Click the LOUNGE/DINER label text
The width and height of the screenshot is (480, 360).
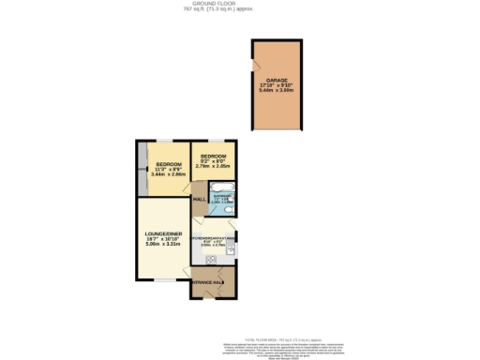click(161, 234)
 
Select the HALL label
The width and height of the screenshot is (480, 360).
click(199, 200)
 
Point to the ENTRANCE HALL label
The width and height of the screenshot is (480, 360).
click(207, 281)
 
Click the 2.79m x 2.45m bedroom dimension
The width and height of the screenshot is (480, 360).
click(213, 166)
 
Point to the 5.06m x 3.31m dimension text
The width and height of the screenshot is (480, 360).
click(161, 247)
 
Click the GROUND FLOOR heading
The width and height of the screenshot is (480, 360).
click(240, 4)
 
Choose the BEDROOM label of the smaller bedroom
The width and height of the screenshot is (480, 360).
click(213, 156)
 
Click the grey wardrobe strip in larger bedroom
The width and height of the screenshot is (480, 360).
click(141, 170)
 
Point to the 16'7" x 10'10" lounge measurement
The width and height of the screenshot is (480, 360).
click(161, 241)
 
